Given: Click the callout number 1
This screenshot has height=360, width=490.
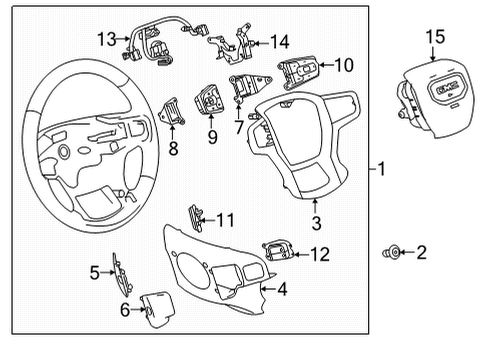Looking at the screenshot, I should point(382,170).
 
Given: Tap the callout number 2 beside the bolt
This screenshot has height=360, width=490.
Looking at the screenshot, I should point(421,254).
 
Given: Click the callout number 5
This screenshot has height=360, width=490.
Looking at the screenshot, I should point(96,271).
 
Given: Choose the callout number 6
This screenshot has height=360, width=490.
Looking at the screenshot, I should point(124,310).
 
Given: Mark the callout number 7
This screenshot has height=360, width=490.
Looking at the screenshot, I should point(238,128).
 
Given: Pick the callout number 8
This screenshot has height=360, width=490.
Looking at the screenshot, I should point(173,151).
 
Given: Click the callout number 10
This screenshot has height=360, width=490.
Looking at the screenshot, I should point(343,66).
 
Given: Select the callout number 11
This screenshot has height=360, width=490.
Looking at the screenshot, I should point(227,219).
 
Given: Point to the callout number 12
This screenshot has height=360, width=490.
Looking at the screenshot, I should point(319,255).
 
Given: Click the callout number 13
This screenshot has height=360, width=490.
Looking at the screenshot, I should point(107,39).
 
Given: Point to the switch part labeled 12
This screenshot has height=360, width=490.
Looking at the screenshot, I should point(278,249).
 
